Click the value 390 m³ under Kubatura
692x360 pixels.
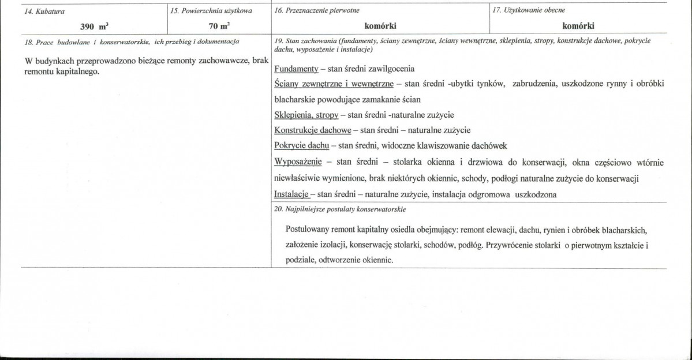pos(93,25)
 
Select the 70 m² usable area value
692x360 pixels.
pos(218,25)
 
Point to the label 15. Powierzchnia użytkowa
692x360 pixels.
pos(211,11)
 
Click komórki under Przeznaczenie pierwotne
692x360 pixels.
pos(380,25)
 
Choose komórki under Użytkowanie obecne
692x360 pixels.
pos(578,25)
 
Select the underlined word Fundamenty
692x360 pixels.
pos(297,69)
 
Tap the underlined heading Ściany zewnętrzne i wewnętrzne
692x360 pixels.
pos(334,84)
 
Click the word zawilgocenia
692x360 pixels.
pos(388,69)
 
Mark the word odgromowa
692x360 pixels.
pos(485,194)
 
